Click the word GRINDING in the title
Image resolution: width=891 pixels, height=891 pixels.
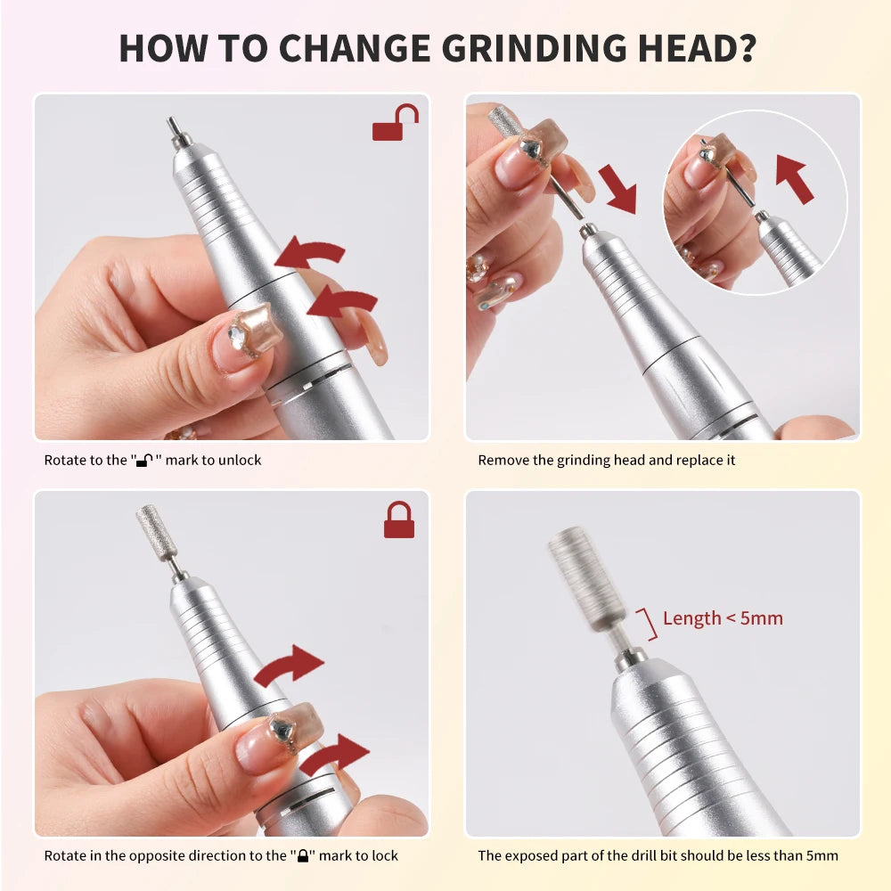[x=518, y=48]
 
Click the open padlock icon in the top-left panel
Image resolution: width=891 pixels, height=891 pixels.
[x=395, y=124]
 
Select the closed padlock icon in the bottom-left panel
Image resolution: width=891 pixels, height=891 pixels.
[x=398, y=520]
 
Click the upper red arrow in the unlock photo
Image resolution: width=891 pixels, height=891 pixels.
[x=309, y=255]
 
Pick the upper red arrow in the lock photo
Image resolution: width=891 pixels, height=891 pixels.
[x=290, y=667]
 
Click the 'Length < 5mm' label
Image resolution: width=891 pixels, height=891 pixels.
[x=723, y=618]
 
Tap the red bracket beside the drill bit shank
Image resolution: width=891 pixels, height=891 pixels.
[x=649, y=625]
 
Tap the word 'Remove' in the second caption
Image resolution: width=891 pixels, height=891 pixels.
[x=503, y=461]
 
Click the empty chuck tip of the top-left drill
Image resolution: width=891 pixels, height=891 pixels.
[x=176, y=132]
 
